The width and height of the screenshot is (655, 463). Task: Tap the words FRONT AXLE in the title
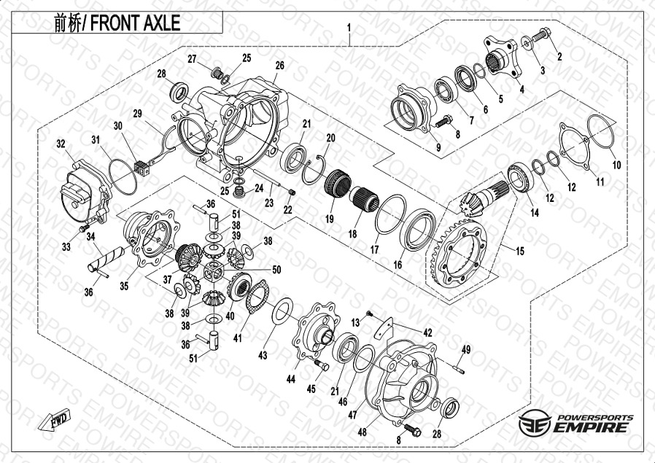(135, 23)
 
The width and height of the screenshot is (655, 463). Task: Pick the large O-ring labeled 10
(601, 131)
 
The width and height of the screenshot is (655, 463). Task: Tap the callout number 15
(519, 251)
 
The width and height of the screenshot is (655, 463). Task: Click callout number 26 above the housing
(279, 66)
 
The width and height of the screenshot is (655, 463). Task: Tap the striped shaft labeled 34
(106, 259)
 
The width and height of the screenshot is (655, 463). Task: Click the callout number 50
(276, 270)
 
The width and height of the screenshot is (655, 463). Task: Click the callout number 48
(363, 432)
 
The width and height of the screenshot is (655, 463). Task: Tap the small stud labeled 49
(458, 369)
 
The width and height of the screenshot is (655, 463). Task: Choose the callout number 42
(427, 332)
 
